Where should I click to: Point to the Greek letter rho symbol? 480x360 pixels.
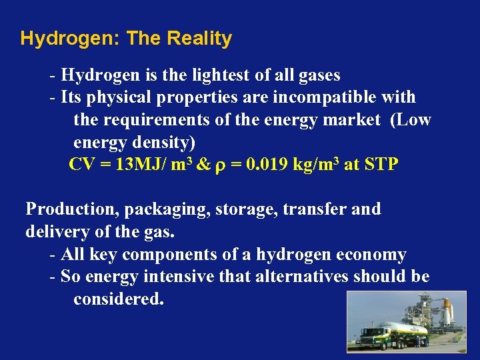tap(220, 166)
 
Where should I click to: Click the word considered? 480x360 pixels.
tap(118, 299)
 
